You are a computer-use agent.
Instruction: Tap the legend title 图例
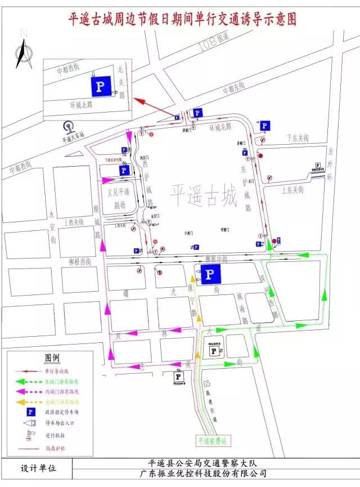pos(52,358)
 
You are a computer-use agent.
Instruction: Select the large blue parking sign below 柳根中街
pos(210,274)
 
